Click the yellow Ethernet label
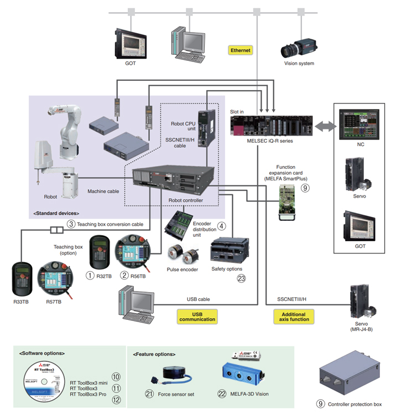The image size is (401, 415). (241, 50)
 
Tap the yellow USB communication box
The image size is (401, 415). (197, 317)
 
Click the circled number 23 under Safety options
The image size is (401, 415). (241, 278)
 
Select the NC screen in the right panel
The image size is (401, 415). (360, 122)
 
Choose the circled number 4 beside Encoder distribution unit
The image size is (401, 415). (222, 226)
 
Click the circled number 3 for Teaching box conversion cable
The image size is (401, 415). (71, 224)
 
